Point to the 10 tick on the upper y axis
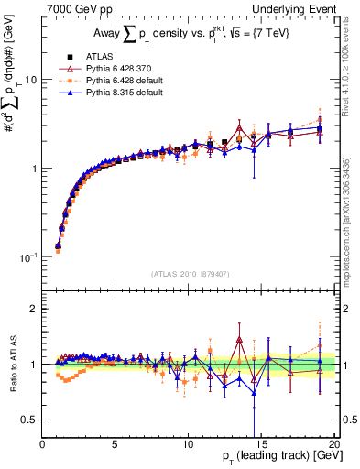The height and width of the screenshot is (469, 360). pos(30,80)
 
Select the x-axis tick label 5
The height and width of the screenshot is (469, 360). pos(115,444)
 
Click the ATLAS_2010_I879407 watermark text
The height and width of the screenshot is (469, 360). pos(189,273)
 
